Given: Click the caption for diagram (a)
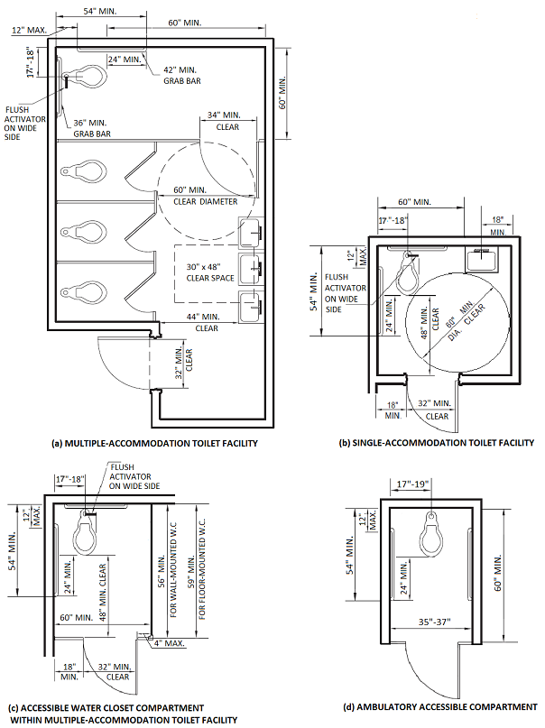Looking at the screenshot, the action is click(x=154, y=443).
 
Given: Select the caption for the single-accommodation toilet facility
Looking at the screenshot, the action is click(x=437, y=442).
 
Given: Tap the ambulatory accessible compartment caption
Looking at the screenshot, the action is click(x=440, y=706).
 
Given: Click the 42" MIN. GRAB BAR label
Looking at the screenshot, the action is click(x=182, y=75).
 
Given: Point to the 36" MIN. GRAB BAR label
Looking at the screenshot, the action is click(x=92, y=128).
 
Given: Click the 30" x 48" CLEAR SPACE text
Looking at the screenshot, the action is click(x=210, y=272).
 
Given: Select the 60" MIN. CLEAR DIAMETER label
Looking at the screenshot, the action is click(x=205, y=196).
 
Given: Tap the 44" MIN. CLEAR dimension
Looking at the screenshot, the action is click(x=206, y=322).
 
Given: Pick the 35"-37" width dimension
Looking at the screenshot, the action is click(x=433, y=622).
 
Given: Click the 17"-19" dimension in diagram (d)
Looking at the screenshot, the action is click(x=412, y=484).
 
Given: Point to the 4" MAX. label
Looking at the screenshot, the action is click(x=170, y=643).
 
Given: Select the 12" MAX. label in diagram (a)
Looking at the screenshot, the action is click(x=29, y=30).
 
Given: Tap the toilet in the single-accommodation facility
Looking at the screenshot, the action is click(x=409, y=273).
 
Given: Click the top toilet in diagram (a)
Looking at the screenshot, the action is click(x=84, y=76).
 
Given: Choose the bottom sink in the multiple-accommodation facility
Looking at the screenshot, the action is click(x=251, y=306).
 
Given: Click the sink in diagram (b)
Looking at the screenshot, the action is click(x=482, y=260).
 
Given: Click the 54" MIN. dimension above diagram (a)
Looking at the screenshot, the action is click(x=100, y=11).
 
